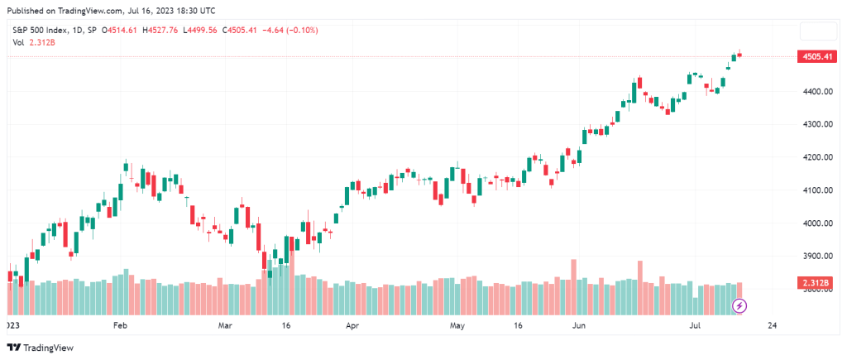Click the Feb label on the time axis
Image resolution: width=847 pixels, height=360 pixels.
120,325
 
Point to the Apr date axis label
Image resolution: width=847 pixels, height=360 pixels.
353,325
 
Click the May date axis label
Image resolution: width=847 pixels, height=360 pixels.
457,325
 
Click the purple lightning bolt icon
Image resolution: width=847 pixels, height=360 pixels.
740,306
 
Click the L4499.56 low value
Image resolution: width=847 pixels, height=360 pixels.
212,30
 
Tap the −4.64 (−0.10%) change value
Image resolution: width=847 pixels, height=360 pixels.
289,30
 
